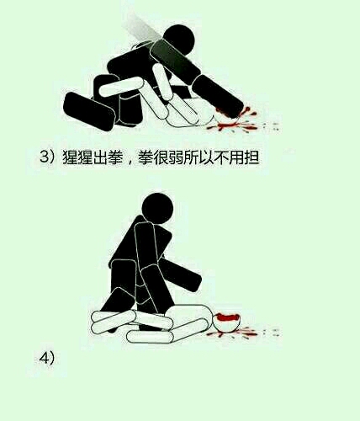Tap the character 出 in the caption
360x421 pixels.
click(x=101, y=157)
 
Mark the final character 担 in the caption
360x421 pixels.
click(x=251, y=157)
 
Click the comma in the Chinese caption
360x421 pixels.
click(x=130, y=162)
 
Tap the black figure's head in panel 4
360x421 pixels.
click(x=157, y=208)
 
